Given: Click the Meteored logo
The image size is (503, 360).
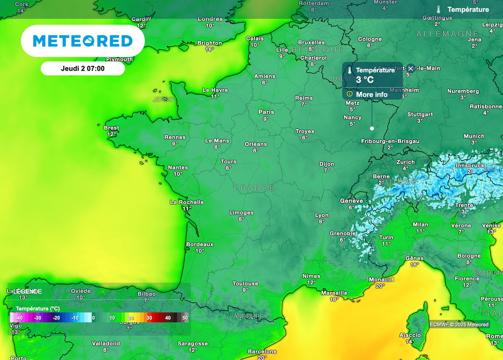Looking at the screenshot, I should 83,41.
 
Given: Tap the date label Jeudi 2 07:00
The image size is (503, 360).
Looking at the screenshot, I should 83,68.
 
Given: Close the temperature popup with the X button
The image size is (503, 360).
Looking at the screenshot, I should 411,69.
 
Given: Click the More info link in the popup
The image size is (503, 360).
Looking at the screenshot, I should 371,94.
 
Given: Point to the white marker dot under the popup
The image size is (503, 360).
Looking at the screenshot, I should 372,128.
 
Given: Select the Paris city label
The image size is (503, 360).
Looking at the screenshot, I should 266,112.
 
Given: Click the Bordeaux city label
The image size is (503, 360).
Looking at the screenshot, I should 199,244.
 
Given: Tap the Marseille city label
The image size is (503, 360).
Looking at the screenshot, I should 334,293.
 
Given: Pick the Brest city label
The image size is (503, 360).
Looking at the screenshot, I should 112,128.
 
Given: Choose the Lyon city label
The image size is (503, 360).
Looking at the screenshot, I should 322,215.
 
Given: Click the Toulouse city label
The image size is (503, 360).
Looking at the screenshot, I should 245,283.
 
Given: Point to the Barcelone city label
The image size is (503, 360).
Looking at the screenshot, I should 262,352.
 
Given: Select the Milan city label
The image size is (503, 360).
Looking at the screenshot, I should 420,224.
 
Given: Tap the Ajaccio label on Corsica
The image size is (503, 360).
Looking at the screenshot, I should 410,335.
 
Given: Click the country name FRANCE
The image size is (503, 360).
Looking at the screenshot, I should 254,188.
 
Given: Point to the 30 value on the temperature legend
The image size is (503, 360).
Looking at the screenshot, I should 149,318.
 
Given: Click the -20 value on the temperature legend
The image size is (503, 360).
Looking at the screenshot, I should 56,318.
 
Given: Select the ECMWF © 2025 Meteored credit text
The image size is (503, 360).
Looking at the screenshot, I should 459,325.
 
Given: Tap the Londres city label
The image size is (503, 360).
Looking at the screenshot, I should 210,19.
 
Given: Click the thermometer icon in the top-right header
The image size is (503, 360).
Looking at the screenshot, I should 438,9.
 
